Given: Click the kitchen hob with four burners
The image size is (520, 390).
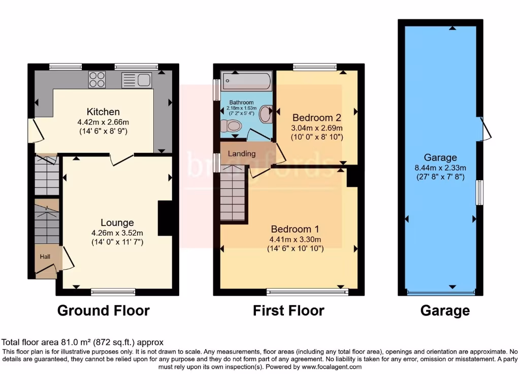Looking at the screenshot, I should tap(97, 80).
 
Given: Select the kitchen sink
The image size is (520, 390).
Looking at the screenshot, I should tap(137, 80).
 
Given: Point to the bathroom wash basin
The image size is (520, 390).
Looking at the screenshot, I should tap(265, 114).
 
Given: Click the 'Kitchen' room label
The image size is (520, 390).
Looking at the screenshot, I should tap(103, 112).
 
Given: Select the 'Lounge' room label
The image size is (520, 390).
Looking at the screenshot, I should tap(117, 222).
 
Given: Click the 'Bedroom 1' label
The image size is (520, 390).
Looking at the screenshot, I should tap(295, 229).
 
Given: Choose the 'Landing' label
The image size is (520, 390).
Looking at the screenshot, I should tap(242, 153).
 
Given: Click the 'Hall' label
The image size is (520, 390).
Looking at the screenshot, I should tap(45, 257).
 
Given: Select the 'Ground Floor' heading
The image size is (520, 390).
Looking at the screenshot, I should tap(104, 310).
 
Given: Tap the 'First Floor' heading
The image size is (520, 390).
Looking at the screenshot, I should tap(288, 310).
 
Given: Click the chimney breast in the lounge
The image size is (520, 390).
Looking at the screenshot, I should tap(165, 218).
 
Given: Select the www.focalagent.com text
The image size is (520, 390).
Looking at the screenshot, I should tap(332, 367).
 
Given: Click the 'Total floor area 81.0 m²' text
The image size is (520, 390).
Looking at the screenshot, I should tap(83, 343).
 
